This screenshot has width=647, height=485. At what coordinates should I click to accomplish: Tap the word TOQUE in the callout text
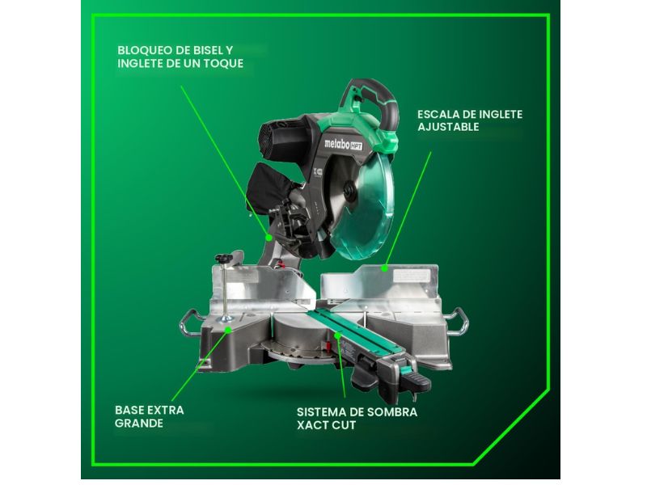(x=226, y=63)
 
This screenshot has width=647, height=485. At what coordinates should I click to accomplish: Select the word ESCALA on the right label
(x=438, y=114)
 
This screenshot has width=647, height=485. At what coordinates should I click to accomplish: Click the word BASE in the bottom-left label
(x=129, y=410)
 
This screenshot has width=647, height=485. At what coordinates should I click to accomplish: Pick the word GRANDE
(x=138, y=423)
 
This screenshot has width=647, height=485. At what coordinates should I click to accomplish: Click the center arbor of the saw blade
(x=349, y=192)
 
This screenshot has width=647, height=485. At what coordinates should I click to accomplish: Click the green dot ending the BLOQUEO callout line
(x=269, y=238)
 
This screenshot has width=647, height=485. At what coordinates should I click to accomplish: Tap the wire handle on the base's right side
(x=459, y=320)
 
